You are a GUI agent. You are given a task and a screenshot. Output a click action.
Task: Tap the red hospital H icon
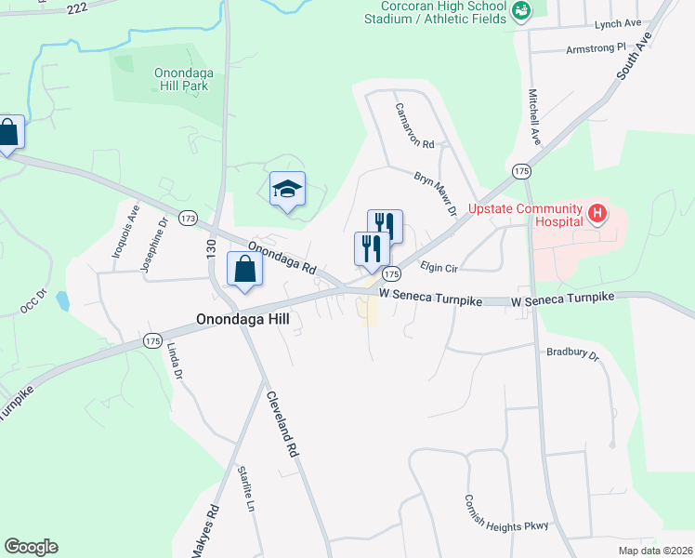597,215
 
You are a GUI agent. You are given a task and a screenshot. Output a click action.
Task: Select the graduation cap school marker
287,189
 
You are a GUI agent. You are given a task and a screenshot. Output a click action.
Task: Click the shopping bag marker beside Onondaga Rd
244,270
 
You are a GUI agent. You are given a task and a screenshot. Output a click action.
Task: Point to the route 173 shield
189,219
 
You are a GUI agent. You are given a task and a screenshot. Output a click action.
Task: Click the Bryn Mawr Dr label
436,192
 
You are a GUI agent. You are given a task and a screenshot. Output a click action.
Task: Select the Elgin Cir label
439,266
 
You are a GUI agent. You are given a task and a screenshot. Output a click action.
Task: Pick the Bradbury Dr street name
573,353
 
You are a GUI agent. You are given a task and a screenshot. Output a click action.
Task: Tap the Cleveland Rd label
281,422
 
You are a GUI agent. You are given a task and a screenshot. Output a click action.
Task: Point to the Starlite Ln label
246,489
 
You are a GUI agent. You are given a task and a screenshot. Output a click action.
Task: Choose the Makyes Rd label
204,531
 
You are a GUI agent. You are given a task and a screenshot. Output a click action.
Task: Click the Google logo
31,547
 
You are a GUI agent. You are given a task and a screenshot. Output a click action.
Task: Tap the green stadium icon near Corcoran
521,11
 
